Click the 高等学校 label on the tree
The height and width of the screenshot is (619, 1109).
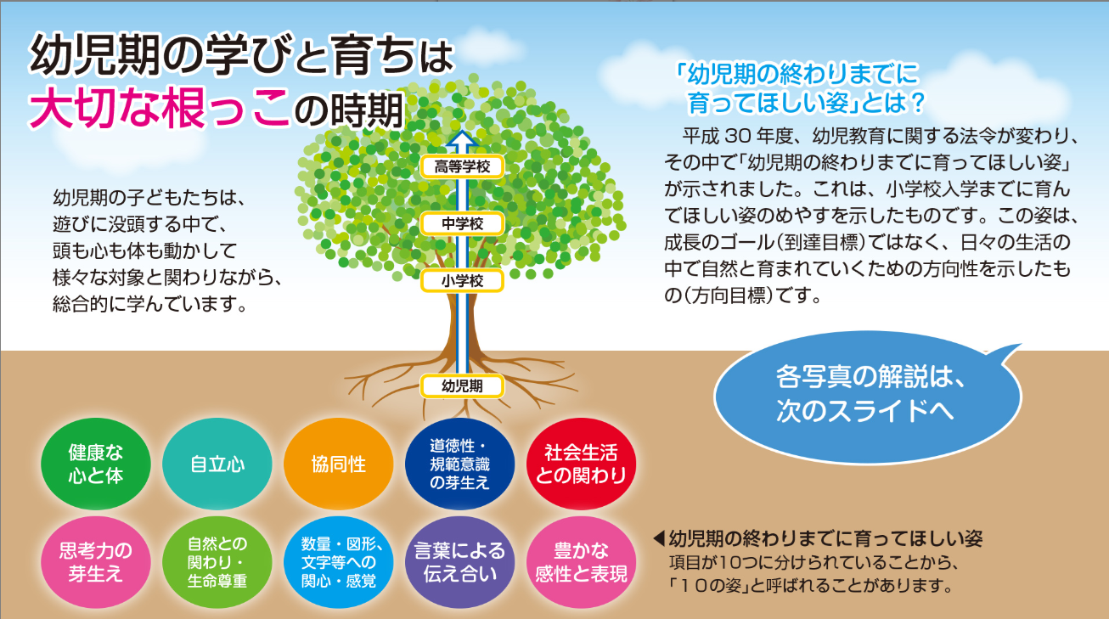(462, 166)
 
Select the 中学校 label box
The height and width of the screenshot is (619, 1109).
(462, 224)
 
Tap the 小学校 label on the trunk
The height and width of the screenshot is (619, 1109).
(462, 281)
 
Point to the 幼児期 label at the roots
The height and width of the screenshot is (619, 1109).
(462, 386)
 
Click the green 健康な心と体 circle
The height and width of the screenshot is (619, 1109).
(96, 464)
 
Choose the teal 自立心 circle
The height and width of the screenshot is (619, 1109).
(217, 464)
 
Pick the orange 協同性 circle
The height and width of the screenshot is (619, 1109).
(339, 464)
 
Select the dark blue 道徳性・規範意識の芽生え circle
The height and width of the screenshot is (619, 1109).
(460, 464)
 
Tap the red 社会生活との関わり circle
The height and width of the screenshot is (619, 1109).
(581, 464)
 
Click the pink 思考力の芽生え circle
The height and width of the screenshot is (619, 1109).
(96, 563)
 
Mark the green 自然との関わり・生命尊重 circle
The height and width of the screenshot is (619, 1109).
(217, 563)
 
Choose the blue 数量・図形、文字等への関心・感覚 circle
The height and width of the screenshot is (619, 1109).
(339, 563)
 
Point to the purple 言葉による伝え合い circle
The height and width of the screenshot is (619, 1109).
(460, 563)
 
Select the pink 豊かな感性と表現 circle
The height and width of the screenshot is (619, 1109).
(581, 563)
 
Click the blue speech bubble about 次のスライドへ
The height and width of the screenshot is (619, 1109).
(867, 397)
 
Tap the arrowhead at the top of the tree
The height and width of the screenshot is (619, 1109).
(462, 138)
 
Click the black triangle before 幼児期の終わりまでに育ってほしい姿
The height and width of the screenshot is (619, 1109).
(659, 537)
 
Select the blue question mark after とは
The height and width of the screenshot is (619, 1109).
(917, 103)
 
